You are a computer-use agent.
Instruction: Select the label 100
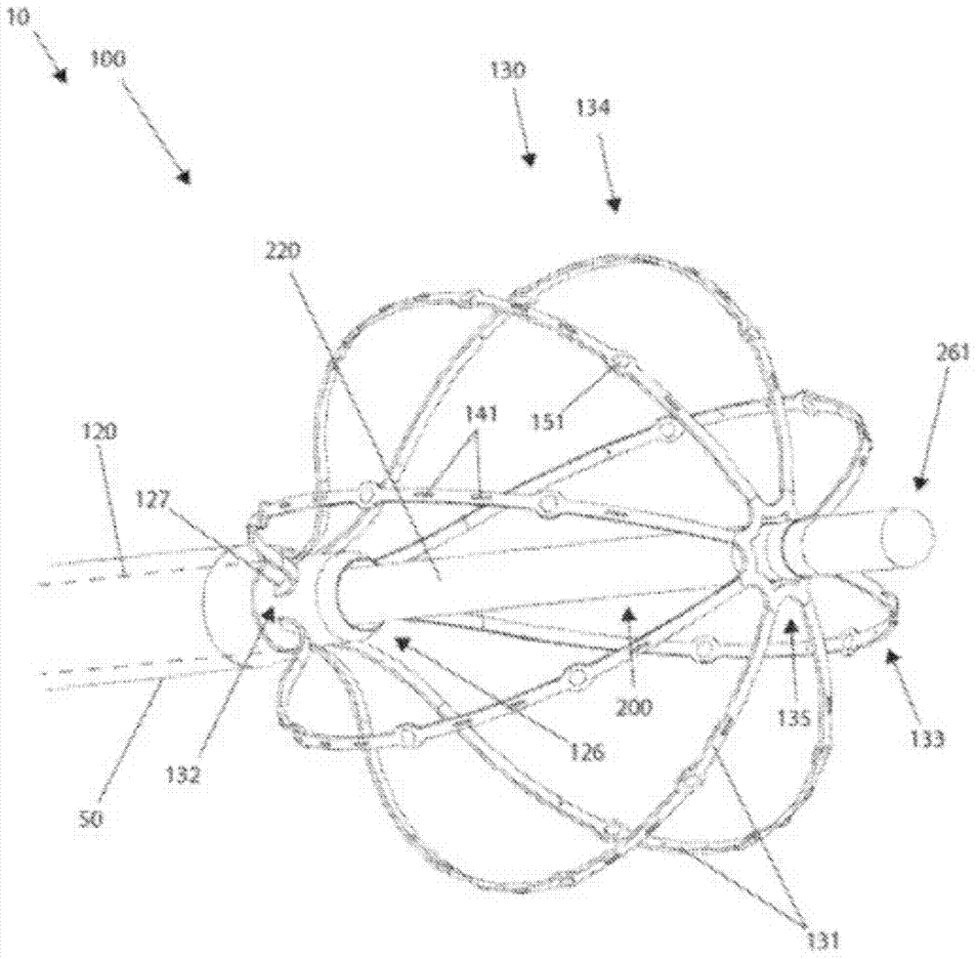pos(106,60)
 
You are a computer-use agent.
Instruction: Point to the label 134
pos(593,110)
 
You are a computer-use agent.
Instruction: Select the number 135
pos(794,720)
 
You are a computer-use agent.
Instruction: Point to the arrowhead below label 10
pos(61,75)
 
